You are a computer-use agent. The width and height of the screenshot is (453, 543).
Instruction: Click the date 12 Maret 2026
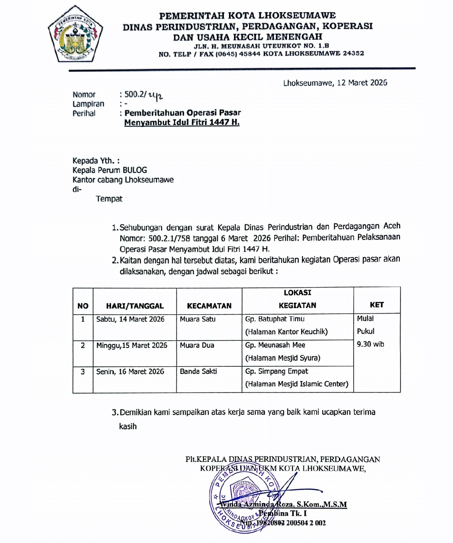click(x=362, y=83)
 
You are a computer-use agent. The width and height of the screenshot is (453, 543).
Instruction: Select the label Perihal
click(x=84, y=113)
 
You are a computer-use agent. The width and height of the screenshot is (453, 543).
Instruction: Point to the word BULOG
click(x=135, y=170)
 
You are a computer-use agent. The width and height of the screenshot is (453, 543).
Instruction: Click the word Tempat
click(x=109, y=199)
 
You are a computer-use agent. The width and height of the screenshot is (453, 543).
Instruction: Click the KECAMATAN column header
click(x=209, y=306)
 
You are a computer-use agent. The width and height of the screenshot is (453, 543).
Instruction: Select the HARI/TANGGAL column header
click(x=135, y=306)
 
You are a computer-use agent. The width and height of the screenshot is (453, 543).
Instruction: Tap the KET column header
click(x=377, y=305)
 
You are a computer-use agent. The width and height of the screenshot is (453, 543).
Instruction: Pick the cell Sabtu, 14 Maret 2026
click(x=130, y=319)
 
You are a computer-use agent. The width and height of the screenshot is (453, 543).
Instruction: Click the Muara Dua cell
click(x=197, y=345)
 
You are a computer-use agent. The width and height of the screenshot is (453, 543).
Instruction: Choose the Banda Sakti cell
click(x=198, y=371)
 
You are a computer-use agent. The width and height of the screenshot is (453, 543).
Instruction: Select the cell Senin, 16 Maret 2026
click(x=130, y=371)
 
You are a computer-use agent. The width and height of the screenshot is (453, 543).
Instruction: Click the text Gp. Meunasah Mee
click(x=275, y=345)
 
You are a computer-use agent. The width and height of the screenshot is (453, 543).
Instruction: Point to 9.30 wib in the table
click(x=370, y=344)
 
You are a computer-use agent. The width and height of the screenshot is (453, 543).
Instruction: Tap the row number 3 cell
click(x=83, y=371)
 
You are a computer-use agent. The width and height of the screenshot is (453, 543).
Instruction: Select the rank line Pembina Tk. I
click(x=283, y=513)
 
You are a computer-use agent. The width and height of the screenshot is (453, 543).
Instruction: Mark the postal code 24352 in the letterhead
click(x=353, y=54)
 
